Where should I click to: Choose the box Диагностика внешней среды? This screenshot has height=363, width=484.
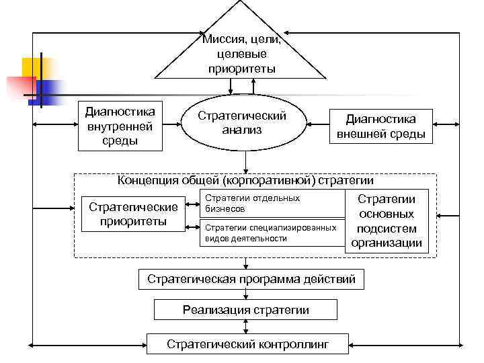click(x=380, y=126)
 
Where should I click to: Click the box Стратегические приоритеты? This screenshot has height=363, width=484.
click(x=133, y=213)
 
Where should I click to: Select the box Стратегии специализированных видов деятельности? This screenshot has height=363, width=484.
click(x=272, y=233)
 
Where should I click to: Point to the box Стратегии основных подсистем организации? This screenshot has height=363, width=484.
click(x=386, y=221)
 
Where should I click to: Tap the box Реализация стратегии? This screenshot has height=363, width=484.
click(x=246, y=310)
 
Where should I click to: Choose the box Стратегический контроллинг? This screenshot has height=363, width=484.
click(x=248, y=344)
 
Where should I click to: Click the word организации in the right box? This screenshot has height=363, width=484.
click(x=386, y=243)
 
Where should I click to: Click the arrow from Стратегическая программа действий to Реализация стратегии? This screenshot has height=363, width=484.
click(x=246, y=294)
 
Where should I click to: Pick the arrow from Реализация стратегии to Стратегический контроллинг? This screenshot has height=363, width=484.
click(x=246, y=327)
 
